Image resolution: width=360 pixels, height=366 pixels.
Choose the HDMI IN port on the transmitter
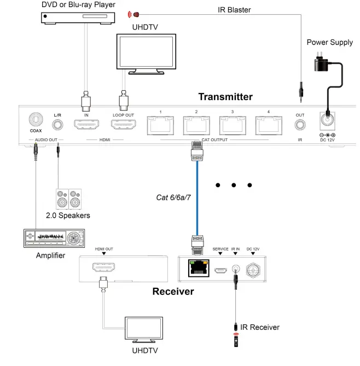tap(86, 126)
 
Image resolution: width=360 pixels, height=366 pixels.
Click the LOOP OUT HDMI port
tap(124, 126)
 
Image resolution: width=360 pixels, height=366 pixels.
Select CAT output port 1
tap(161, 126)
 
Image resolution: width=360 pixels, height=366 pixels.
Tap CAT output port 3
tap(233, 126)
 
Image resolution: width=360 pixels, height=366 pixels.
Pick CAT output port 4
tap(269, 126)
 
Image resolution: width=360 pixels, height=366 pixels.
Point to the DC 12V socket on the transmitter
tap(327, 121)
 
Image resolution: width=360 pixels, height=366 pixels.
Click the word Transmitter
tap(225, 97)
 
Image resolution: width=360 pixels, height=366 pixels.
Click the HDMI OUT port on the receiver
tap(103, 268)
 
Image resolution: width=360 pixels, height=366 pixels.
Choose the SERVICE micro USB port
tap(220, 269)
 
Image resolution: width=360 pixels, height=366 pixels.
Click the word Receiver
tap(173, 292)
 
